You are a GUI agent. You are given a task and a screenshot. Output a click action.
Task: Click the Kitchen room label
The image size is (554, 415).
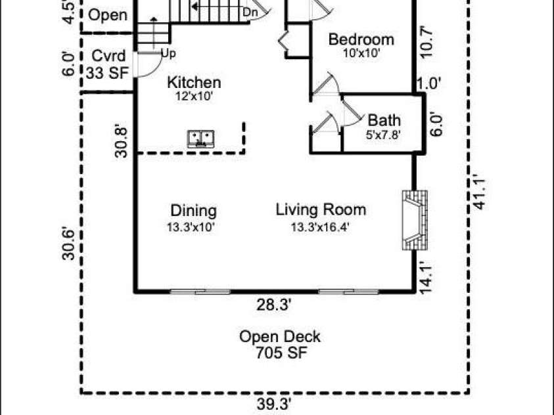tap(194, 82)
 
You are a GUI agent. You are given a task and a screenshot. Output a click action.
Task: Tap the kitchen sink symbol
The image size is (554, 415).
tap(200, 139)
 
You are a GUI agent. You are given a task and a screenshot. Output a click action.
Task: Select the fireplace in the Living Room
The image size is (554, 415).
tap(415, 220)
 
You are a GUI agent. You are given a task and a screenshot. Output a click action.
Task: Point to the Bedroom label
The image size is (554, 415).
tap(361, 39)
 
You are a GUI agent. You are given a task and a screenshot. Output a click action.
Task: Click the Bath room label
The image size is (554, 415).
tap(384, 120)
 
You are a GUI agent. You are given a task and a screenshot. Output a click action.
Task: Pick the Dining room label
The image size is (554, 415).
tap(193, 211)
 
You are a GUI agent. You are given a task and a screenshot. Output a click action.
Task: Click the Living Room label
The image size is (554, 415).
tap(321, 209)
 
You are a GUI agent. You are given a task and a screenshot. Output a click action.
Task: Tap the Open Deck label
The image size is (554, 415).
tap(280, 337)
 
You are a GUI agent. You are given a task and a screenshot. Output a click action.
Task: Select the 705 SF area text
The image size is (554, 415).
tap(281, 353)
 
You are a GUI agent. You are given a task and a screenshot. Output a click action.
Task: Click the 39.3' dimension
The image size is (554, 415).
tap(274, 404)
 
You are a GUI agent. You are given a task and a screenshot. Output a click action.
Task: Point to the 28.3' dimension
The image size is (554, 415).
tap(274, 305)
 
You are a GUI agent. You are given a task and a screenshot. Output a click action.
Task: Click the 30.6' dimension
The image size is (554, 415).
tap(68, 244)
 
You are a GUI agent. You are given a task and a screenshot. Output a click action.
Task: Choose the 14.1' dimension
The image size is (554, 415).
tap(427, 277)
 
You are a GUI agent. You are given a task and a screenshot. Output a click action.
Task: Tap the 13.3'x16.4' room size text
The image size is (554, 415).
tap(320, 227)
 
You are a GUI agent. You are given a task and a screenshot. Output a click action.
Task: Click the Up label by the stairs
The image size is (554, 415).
tap(168, 54)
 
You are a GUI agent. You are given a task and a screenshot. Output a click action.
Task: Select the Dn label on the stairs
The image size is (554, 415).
tap(250, 12)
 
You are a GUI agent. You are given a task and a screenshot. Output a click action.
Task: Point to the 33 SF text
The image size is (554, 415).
tap(107, 73)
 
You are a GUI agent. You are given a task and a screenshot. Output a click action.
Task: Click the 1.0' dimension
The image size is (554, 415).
tap(429, 84)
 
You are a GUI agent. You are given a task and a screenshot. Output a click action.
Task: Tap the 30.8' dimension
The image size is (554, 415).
tap(121, 142)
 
